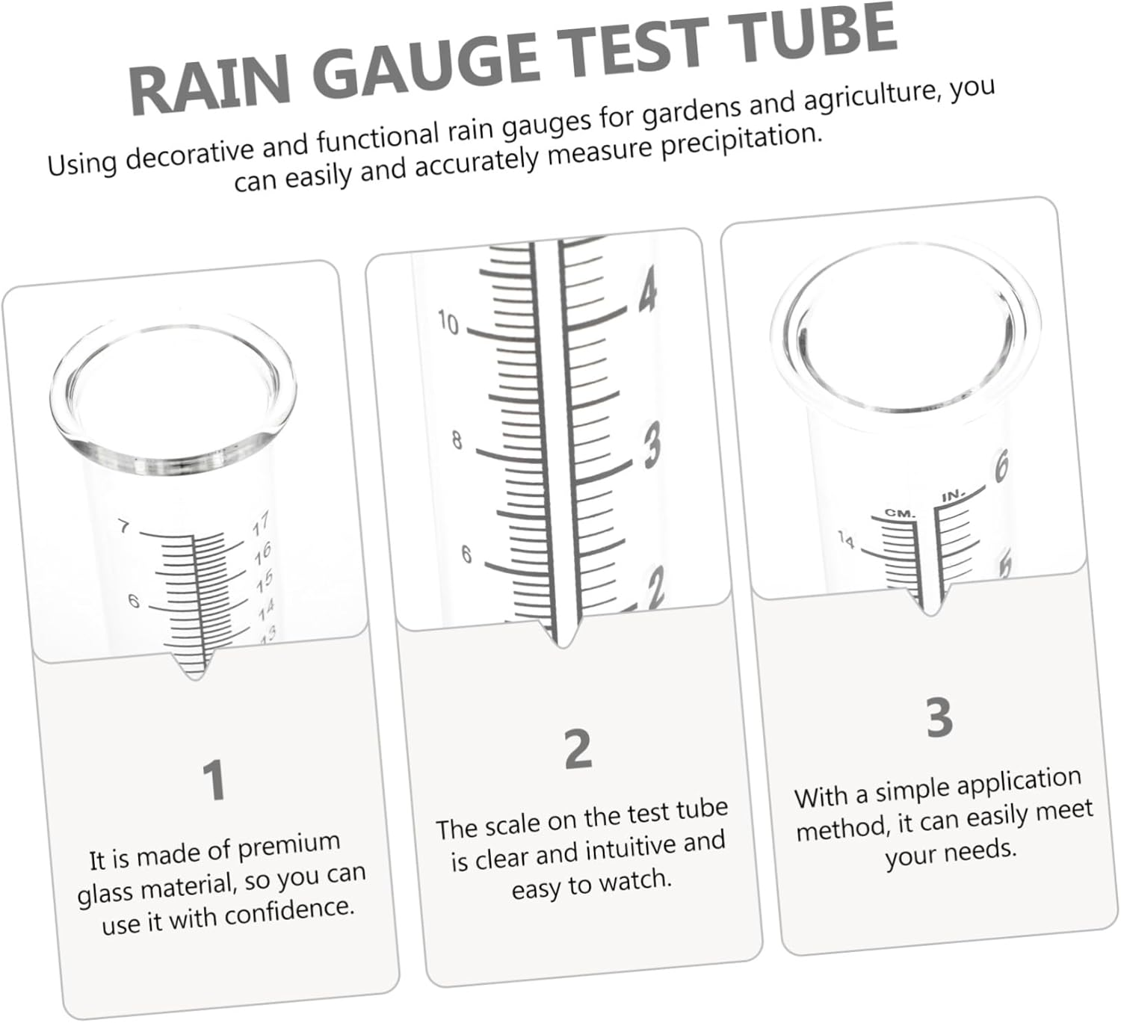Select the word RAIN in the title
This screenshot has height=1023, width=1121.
click(x=211, y=87)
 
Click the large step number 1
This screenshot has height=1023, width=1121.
click(x=214, y=780)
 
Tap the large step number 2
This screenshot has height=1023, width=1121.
click(x=578, y=750)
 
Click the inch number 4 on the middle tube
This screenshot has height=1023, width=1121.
click(x=647, y=291)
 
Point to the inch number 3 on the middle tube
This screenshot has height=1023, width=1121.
click(x=652, y=445)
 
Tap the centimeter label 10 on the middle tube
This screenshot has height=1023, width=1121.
click(x=448, y=324)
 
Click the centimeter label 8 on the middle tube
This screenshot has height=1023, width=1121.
click(x=457, y=441)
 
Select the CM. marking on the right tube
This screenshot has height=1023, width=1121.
click(x=900, y=513)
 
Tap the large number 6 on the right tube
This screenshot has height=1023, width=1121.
click(x=1000, y=467)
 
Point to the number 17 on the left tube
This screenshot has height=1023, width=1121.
click(x=260, y=526)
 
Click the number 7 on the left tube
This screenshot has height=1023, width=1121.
click(x=124, y=528)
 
